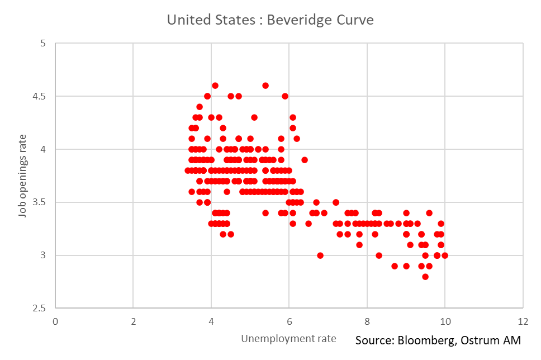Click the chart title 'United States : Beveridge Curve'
(x=270, y=20)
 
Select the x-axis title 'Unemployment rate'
(x=288, y=338)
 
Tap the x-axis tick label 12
(x=523, y=321)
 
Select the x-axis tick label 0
(x=55, y=321)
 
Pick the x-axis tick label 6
(x=289, y=321)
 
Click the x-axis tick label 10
(x=444, y=321)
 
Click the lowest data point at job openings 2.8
(x=425, y=277)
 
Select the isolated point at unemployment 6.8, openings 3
(x=320, y=255)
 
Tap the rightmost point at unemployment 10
(x=445, y=255)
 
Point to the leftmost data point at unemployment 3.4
(x=188, y=170)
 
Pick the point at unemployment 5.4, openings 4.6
(x=265, y=86)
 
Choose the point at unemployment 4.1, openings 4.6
(x=215, y=86)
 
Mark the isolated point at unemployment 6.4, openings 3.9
(x=305, y=160)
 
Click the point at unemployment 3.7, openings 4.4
(x=200, y=107)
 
